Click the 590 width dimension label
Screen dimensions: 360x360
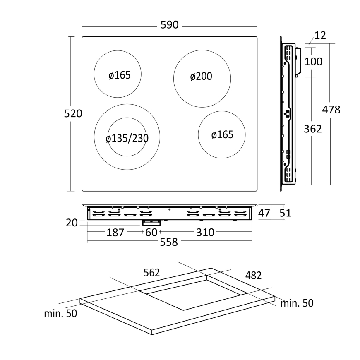169,25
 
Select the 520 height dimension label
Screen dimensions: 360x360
73,114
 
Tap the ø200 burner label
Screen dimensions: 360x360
201,77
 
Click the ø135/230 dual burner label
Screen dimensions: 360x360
127,138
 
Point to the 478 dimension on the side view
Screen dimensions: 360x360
331,110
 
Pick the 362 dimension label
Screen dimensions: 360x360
313,129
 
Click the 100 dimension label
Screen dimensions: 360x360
313,62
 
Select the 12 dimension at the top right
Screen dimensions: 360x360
320,35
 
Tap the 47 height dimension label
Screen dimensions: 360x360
264,213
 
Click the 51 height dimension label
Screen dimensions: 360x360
286,213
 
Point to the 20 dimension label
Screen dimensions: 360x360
72,223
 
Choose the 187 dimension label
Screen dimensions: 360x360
115,233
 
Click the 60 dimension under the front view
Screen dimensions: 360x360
151,233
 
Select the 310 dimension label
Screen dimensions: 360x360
205,233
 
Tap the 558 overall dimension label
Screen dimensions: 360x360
169,242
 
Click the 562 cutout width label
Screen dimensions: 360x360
152,273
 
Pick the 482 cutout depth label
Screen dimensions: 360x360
254,275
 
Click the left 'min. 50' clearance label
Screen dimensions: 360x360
60,313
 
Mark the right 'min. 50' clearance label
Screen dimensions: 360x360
297,303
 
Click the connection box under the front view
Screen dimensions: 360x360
151,223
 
